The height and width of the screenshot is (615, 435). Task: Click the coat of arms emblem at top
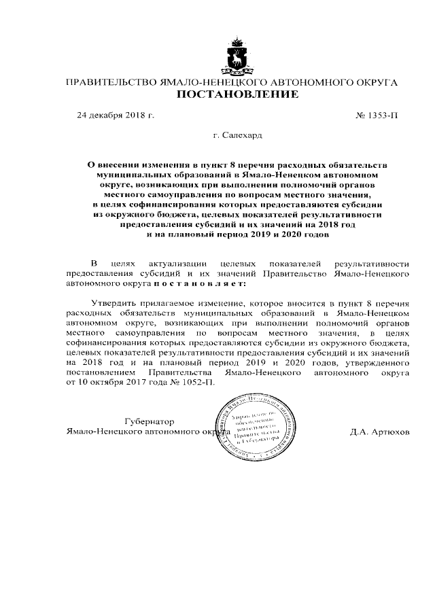point(237,54)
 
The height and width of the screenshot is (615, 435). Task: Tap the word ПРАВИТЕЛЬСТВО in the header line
point(109,82)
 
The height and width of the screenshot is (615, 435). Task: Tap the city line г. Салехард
point(237,136)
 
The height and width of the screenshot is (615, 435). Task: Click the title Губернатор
point(150,421)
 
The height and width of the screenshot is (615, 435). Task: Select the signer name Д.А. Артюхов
point(381,432)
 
